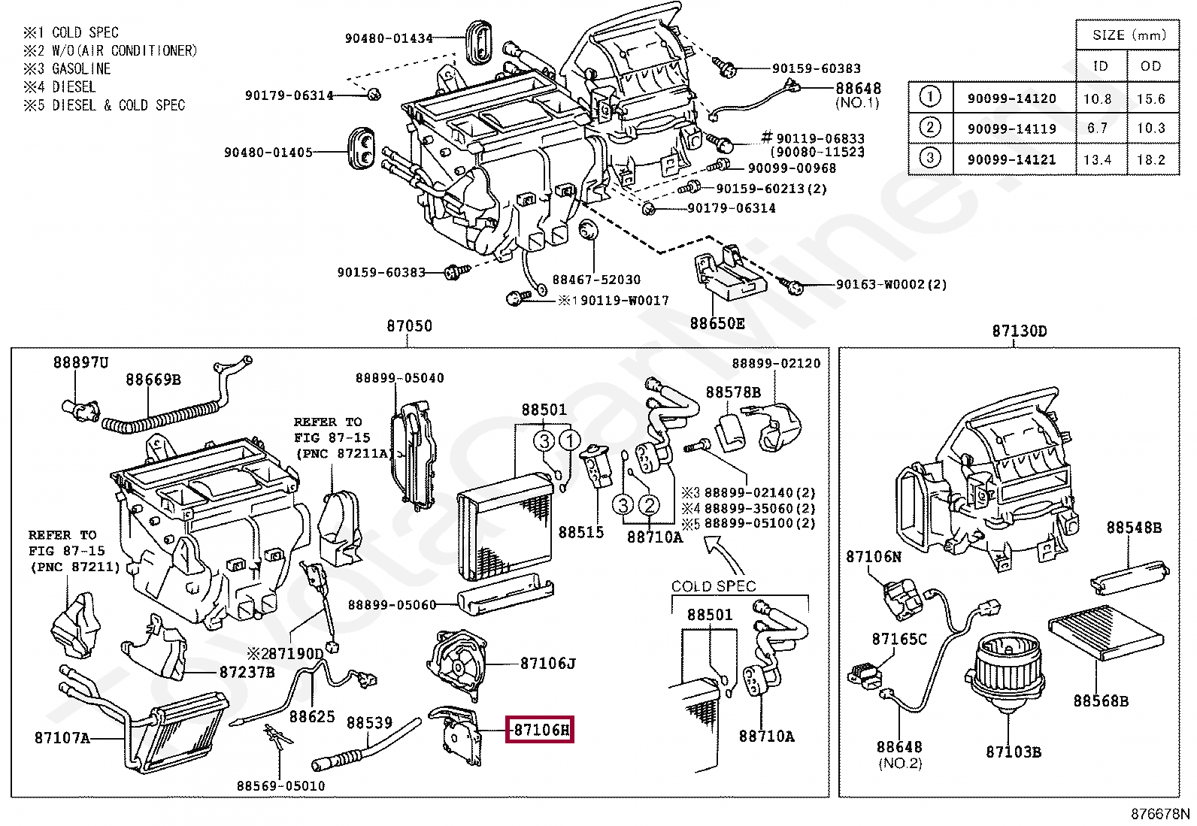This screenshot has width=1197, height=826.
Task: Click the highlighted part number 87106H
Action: (540, 729)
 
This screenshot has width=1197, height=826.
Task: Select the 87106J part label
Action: (548, 663)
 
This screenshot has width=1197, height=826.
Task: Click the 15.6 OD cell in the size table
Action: (1151, 98)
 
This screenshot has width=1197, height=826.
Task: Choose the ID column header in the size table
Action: (1101, 66)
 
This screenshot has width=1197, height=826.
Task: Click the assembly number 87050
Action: (409, 327)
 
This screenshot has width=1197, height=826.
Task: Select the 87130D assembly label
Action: (1019, 331)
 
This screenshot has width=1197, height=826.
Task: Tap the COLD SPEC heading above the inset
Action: (713, 585)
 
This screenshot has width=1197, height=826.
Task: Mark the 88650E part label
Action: (718, 323)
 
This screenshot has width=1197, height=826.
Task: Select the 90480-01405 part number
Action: (268, 153)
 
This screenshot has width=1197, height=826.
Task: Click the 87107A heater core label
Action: (62, 737)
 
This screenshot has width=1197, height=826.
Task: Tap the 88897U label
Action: (80, 362)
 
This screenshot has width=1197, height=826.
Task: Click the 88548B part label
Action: (1133, 528)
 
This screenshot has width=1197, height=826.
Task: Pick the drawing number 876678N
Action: (1161, 815)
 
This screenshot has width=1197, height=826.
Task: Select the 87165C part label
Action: (899, 639)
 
